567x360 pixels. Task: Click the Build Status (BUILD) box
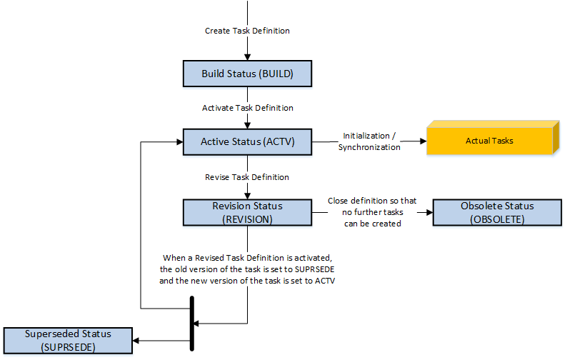coord(247,74)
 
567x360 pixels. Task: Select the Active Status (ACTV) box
coord(247,141)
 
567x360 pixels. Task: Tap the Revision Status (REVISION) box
coord(247,213)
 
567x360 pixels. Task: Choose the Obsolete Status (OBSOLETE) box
coord(497,213)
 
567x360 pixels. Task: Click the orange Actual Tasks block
coord(490,140)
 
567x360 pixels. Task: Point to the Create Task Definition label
coord(247,31)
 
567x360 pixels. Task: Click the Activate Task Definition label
coord(247,108)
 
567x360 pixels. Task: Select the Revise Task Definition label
coord(247,176)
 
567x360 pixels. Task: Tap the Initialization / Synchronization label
coord(371,141)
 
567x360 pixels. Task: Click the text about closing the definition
coord(371,212)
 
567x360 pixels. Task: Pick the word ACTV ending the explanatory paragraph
coord(326,280)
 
